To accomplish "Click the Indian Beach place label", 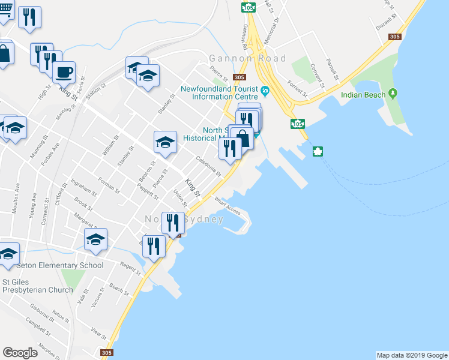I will (x=363, y=94).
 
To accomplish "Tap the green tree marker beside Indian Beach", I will (x=393, y=94).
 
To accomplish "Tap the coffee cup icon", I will (x=64, y=73).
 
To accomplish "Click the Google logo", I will (x=20, y=353).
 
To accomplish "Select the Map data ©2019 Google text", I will (x=411, y=355).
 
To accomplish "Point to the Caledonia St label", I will (x=208, y=166).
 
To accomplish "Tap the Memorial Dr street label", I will (x=277, y=27).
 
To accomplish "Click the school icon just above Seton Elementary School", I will (x=95, y=239).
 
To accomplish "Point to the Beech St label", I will (x=119, y=291).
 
